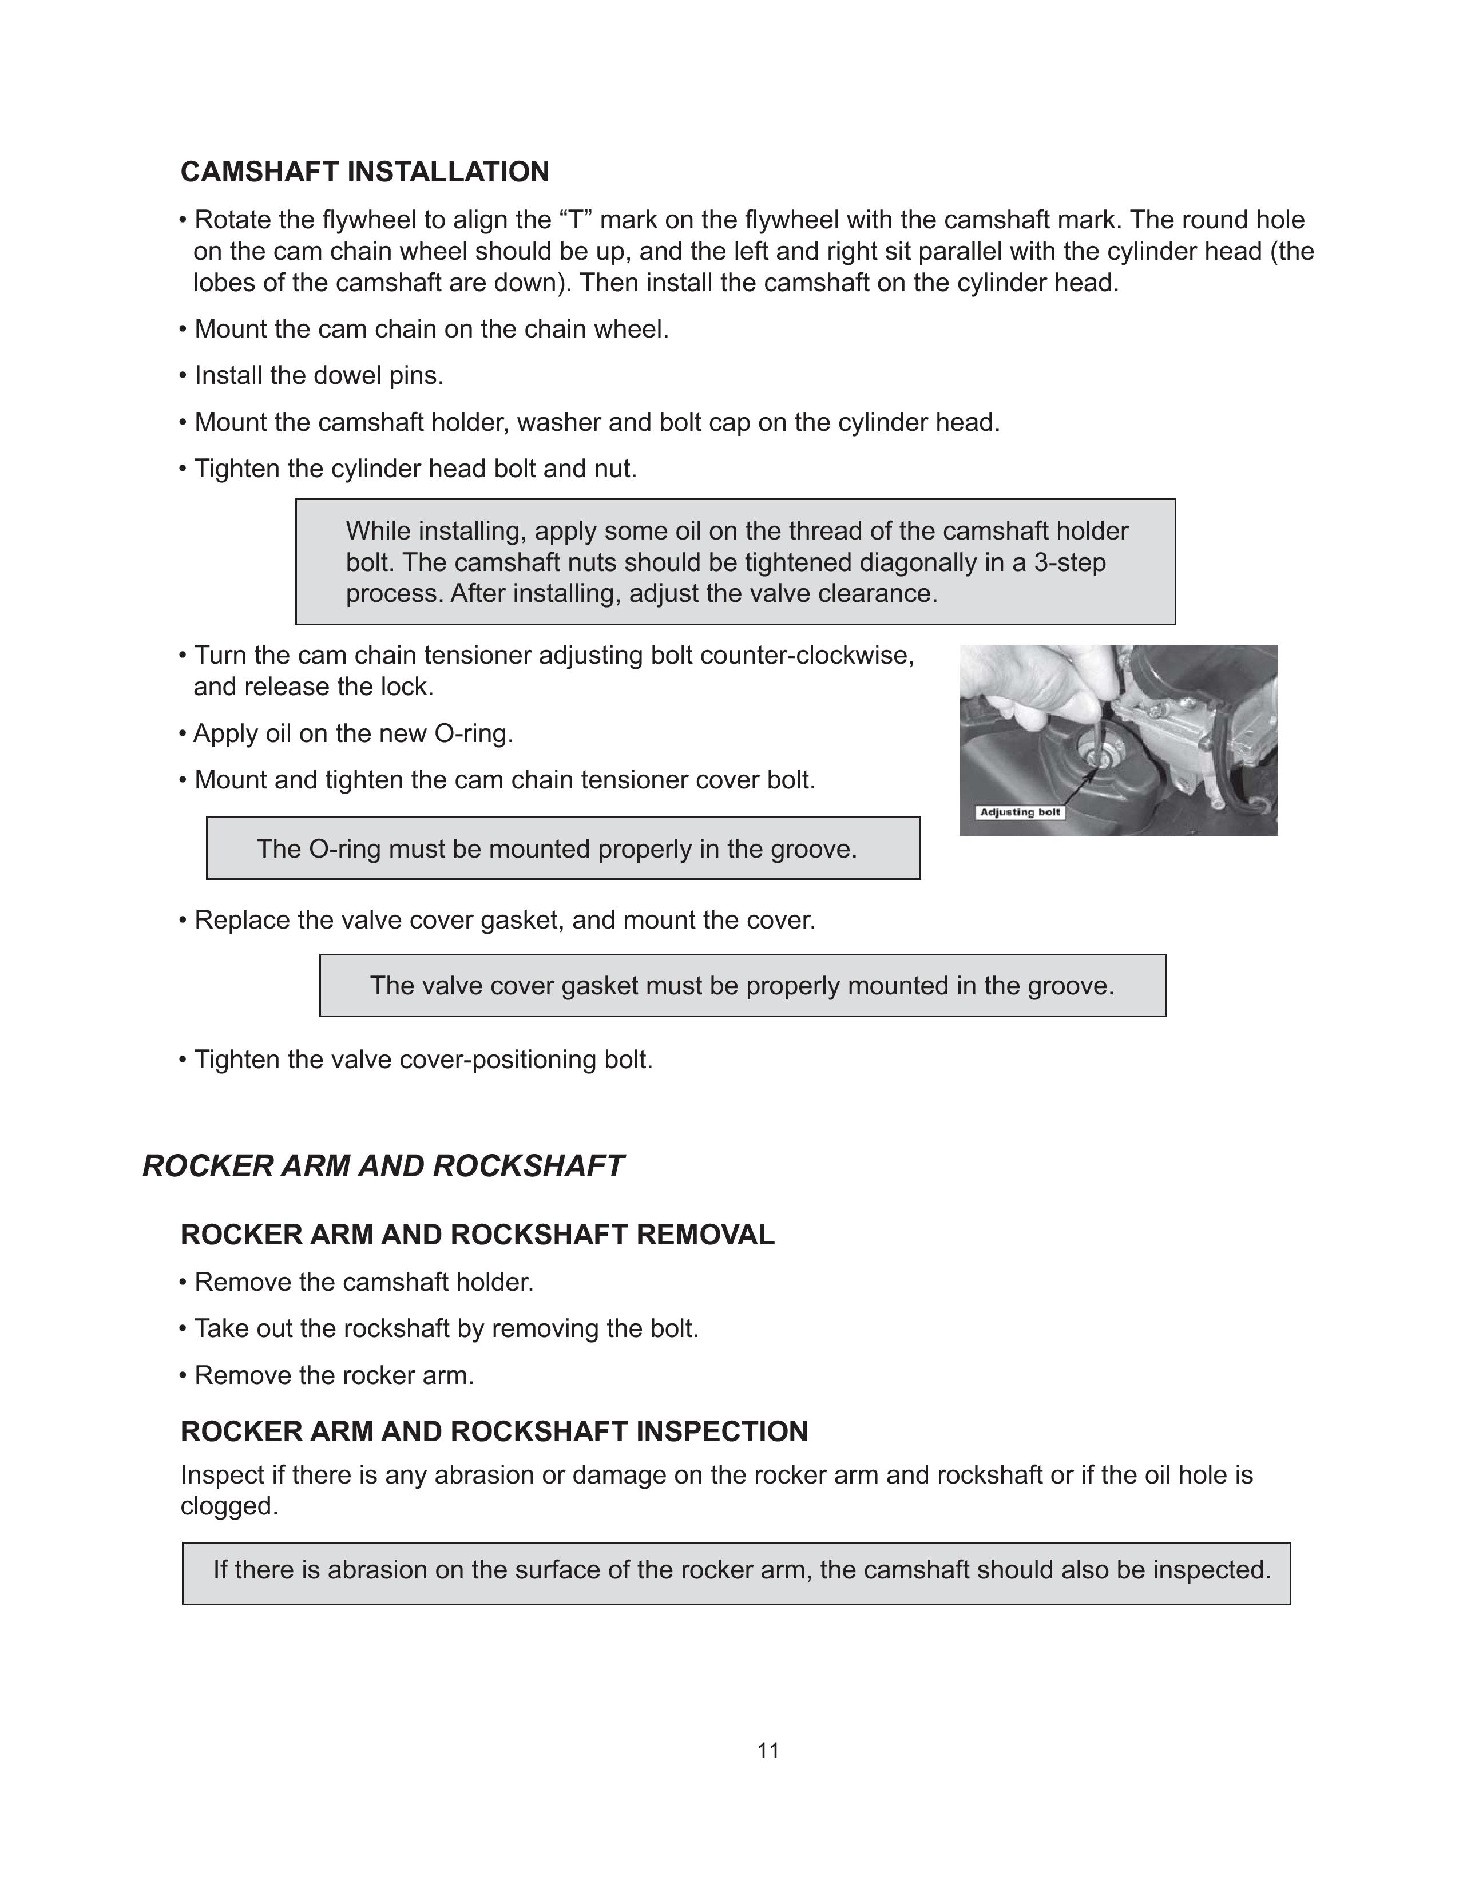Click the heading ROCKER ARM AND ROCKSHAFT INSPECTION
click(494, 1431)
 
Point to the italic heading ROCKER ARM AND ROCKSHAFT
click(382, 1166)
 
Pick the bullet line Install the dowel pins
click(318, 376)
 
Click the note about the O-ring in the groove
click(557, 849)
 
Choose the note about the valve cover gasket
click(742, 986)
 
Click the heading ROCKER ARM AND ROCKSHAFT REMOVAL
click(477, 1235)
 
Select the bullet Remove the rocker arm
click(334, 1375)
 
